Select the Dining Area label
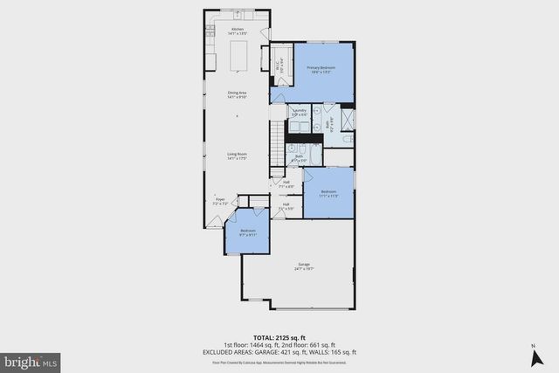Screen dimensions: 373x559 click(x=238, y=94)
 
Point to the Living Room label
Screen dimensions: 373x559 click(x=238, y=156)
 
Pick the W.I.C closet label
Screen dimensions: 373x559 click(x=277, y=62)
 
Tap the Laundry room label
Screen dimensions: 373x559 click(x=299, y=113)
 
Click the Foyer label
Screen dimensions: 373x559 click(x=222, y=202)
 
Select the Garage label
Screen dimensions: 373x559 click(x=305, y=266)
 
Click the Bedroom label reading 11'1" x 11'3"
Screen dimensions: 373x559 click(x=328, y=193)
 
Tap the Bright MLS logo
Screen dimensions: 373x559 click(x=31, y=360)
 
